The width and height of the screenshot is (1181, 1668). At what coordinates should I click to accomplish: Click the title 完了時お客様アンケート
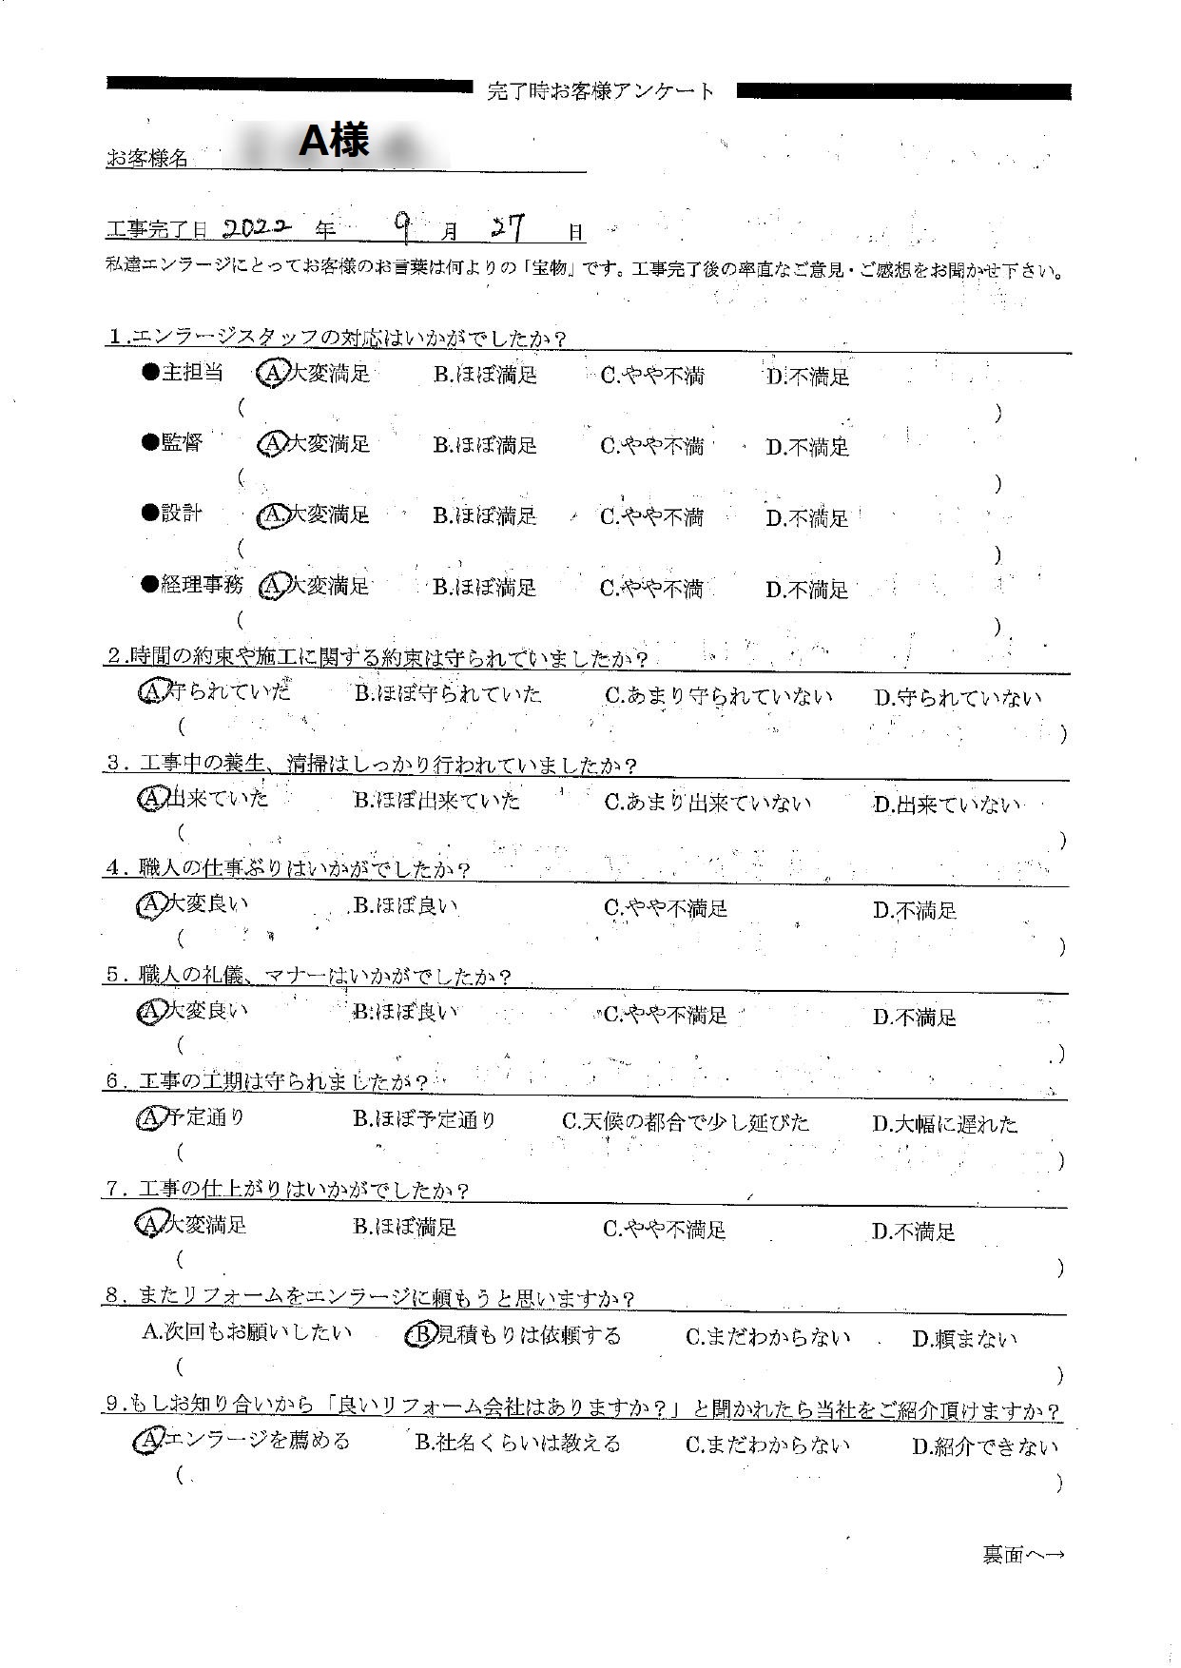point(600,92)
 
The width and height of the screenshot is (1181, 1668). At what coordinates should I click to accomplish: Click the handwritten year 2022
point(256,229)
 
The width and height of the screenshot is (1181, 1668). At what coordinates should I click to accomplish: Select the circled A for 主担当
point(272,375)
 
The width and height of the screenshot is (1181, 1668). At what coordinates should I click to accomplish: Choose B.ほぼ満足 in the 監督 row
point(485,445)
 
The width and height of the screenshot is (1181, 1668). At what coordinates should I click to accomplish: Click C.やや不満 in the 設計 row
point(652,516)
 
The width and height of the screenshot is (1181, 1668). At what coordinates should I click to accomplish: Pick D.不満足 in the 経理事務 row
point(807,590)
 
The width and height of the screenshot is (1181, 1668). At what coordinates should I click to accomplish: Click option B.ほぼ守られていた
point(448,694)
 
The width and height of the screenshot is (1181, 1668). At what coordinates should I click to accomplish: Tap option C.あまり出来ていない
point(707,802)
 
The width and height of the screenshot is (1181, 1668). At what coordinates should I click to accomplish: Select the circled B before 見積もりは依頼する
point(419,1336)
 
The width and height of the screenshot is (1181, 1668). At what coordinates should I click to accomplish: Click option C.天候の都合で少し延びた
point(686,1122)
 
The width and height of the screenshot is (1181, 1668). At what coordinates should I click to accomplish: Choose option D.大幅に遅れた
point(944,1124)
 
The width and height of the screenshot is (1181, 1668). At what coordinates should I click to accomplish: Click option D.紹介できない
point(985,1447)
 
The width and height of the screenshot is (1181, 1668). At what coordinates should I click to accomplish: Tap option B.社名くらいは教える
point(517,1444)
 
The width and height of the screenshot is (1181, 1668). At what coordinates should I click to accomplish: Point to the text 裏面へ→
point(1022,1556)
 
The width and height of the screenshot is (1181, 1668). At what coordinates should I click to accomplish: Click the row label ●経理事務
point(192,585)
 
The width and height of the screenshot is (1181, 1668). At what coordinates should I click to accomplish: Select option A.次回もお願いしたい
point(246,1333)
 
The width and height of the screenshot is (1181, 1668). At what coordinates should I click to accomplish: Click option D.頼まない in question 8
point(964,1339)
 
